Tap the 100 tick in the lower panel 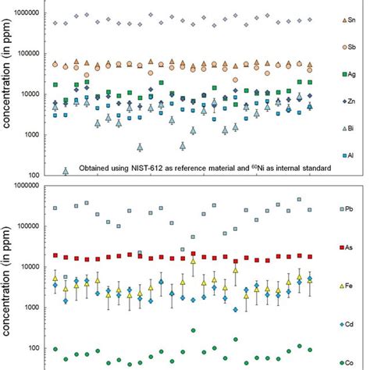[x=37, y=348]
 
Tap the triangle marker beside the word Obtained [x=66, y=171]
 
